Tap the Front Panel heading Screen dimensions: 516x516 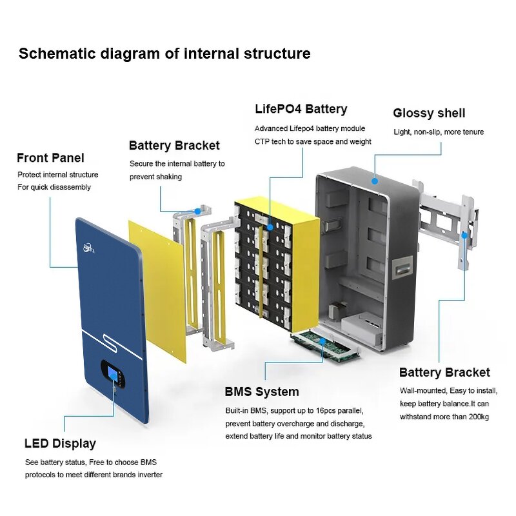tap(50, 158)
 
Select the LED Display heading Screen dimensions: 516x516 tap(60, 444)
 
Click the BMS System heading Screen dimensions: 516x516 tap(262, 392)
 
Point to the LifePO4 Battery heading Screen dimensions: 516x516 tap(301, 109)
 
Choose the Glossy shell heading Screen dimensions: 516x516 tap(429, 113)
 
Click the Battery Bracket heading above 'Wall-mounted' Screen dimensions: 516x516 tap(444, 372)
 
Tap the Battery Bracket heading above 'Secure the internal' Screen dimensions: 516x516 tap(174, 146)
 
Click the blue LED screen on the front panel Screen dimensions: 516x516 tap(112, 375)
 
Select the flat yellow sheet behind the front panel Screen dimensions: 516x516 tap(158, 290)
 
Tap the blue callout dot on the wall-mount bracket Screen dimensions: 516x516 tap(464, 235)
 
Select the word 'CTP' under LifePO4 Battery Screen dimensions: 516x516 tap(263, 141)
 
